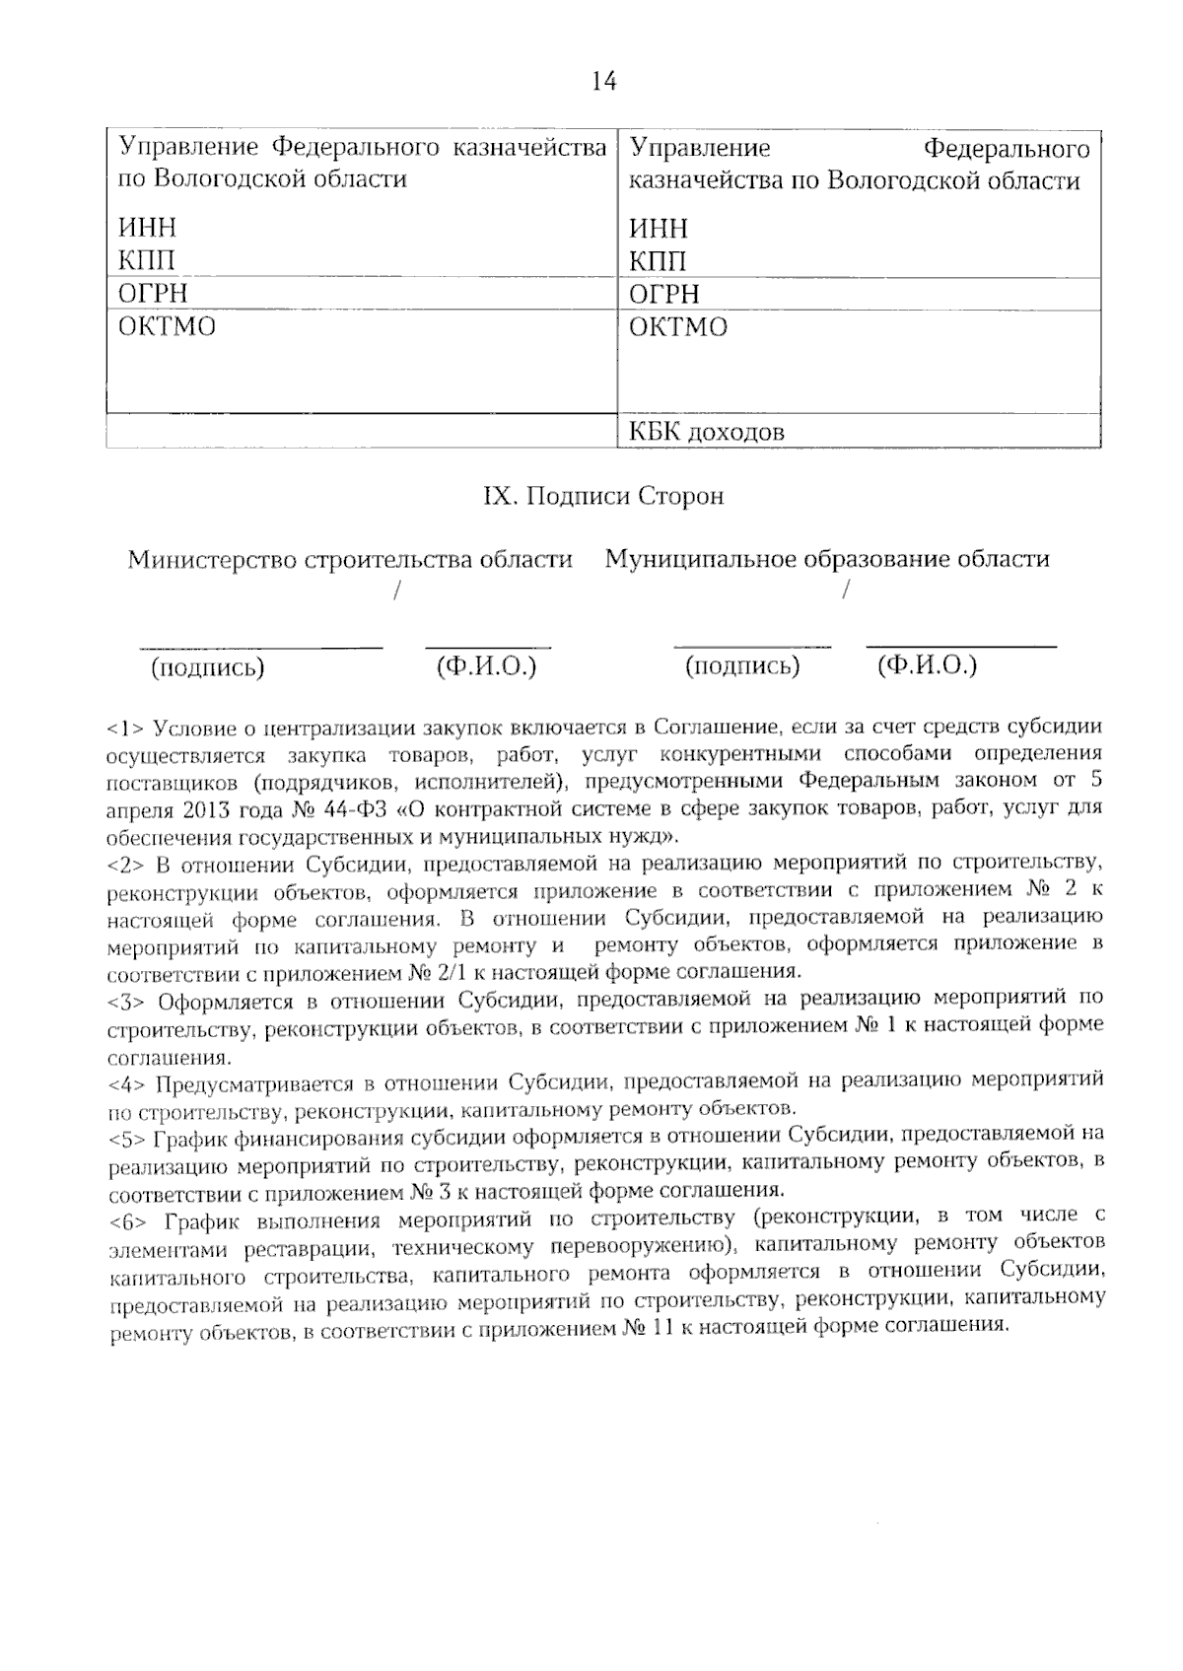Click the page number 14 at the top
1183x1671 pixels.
603,82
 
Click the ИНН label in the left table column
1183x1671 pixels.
147,228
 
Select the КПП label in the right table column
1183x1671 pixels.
658,261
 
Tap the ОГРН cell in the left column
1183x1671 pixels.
153,294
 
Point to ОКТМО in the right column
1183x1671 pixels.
678,327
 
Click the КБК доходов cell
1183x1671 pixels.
707,432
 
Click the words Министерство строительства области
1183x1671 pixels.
350,560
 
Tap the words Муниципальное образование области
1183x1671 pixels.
826,560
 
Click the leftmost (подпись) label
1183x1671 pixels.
207,667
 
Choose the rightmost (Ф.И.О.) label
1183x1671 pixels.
927,665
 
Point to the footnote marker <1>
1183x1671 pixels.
126,731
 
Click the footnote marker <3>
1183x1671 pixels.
126,1003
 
